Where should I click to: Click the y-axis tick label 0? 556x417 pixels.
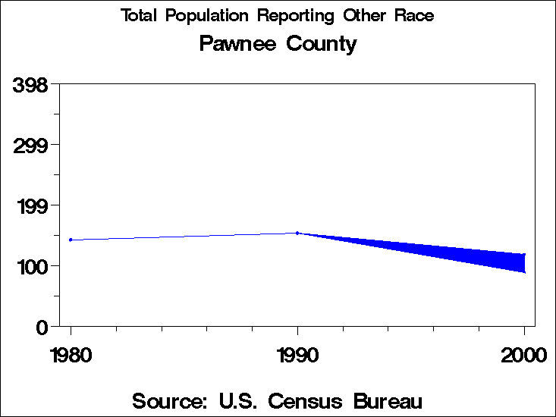(42, 327)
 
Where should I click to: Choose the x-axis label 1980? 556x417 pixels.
(71, 354)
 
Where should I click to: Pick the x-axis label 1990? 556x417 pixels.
(297, 354)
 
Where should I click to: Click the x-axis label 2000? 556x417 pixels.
(523, 354)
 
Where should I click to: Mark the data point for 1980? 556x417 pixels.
(71, 240)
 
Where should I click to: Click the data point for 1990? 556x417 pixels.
(297, 233)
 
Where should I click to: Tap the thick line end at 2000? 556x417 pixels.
(523, 263)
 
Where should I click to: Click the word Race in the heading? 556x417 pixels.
(416, 16)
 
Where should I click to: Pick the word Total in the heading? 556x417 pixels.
(140, 16)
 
